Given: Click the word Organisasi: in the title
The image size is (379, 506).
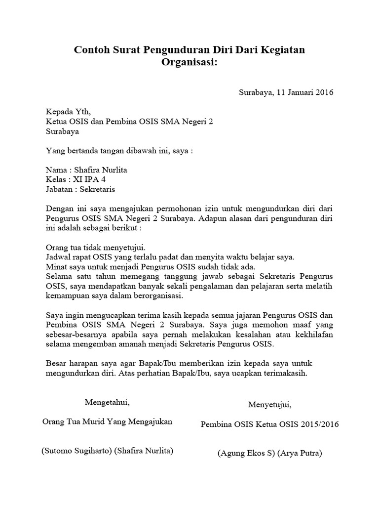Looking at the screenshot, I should tap(189, 63).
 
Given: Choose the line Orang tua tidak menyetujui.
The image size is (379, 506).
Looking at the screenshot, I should tap(96, 247).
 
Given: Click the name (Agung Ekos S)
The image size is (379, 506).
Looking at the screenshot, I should tap(245, 453).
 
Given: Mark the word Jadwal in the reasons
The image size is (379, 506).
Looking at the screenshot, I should tap(58, 257).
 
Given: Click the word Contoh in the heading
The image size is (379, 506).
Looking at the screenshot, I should tap(90, 50).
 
